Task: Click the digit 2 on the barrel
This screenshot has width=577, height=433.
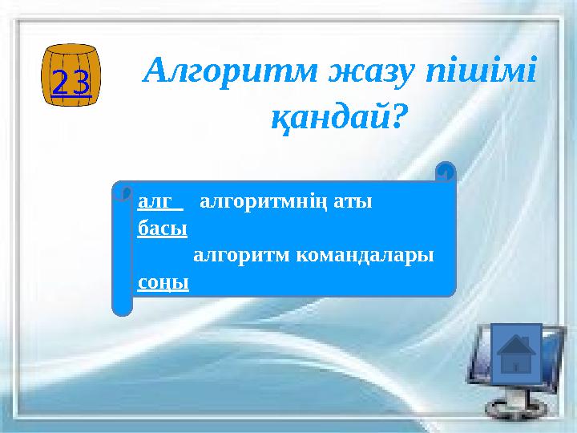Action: pos(61,83)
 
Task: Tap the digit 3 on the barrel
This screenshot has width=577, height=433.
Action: pos(81,83)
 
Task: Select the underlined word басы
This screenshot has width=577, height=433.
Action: pos(162,229)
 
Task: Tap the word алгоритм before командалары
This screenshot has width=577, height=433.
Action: pos(240,256)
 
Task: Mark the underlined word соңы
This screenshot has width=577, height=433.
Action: pos(163,283)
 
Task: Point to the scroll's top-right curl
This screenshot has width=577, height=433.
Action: pos(446,172)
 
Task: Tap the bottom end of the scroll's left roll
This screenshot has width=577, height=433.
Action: pos(122,308)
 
